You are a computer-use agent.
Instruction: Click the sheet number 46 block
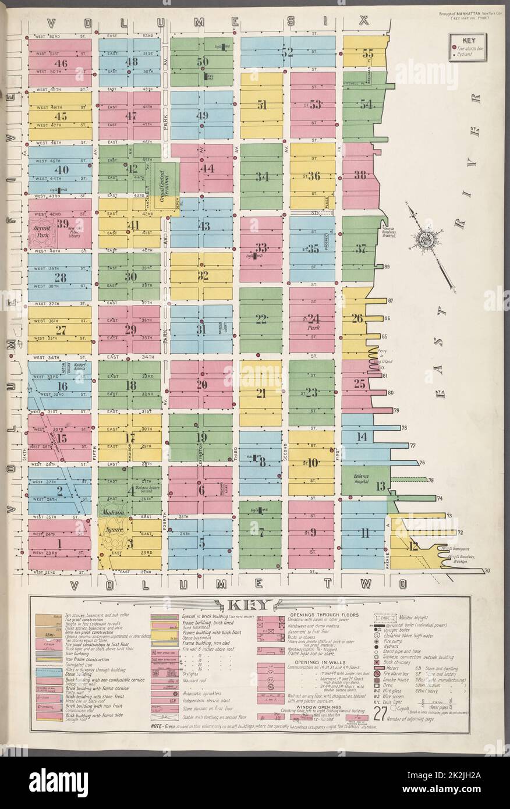[60, 64]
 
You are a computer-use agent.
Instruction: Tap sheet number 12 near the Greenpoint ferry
[414, 546]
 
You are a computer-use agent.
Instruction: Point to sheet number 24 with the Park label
[314, 319]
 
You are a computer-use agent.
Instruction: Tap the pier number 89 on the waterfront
[386, 267]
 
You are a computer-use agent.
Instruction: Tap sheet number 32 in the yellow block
[203, 275]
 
